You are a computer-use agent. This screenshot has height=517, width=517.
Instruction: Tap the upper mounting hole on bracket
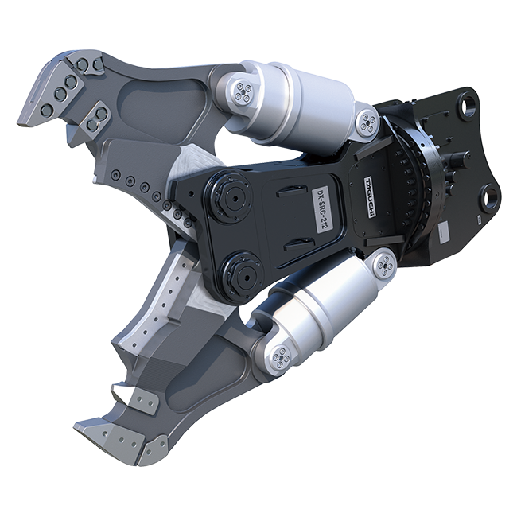click(468, 105)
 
